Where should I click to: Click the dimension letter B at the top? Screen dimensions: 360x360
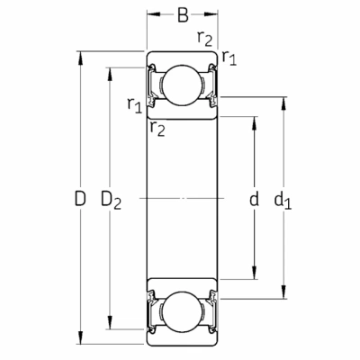[183, 15]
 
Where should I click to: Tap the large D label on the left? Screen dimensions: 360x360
[80, 198]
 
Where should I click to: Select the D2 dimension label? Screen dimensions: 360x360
[111, 200]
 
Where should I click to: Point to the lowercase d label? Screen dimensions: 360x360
[254, 198]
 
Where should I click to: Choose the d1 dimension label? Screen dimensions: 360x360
[283, 201]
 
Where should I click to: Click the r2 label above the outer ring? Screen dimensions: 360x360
[205, 39]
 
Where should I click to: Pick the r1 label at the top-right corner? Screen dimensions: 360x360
[229, 58]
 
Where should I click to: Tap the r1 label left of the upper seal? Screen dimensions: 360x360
[134, 105]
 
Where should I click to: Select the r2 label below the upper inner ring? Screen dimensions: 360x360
[157, 129]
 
